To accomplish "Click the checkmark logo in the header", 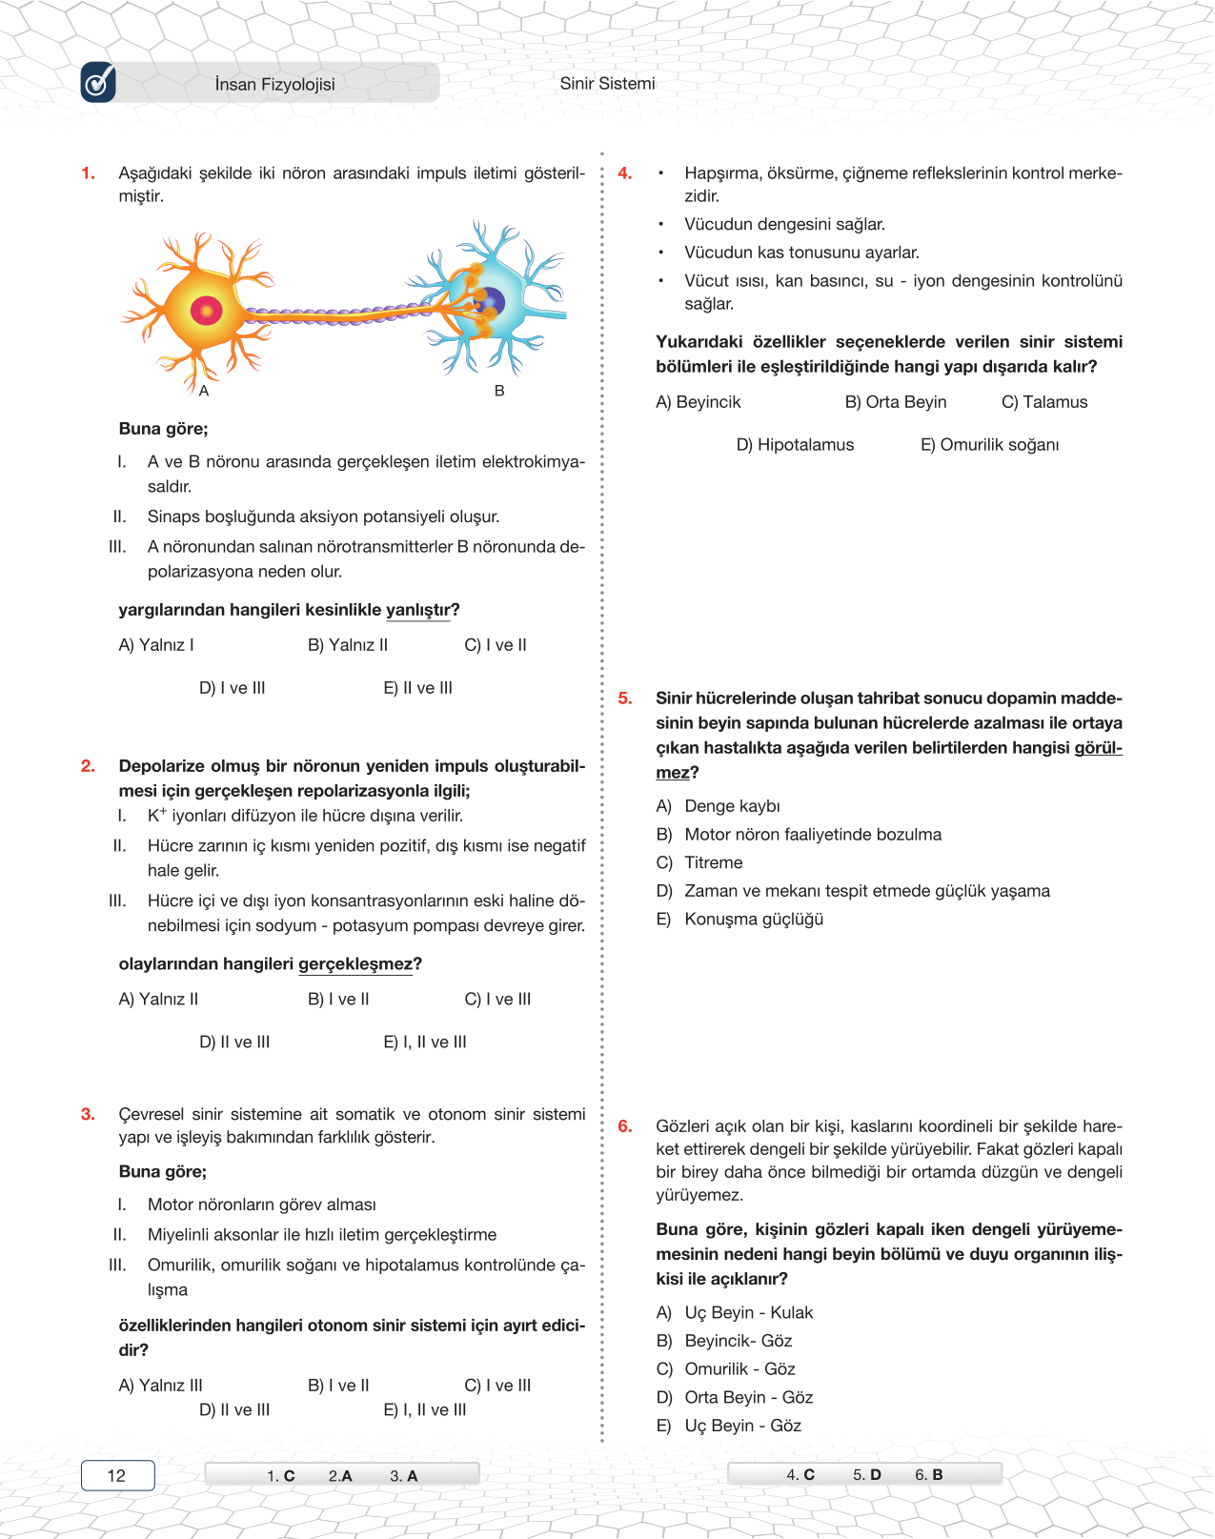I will click(98, 83).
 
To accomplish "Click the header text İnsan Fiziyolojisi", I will click(274, 84).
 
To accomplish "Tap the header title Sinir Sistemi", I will click(607, 83).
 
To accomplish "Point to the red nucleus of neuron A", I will click(206, 310).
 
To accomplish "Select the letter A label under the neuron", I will click(204, 391).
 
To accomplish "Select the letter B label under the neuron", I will click(499, 391).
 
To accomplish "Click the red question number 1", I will click(88, 173).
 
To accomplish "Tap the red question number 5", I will click(625, 699).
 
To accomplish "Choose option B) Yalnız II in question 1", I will click(348, 645).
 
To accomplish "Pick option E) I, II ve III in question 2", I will click(425, 1043).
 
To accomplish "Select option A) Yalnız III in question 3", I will click(160, 1386).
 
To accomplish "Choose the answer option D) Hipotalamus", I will click(795, 445).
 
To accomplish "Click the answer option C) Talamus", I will click(1044, 402).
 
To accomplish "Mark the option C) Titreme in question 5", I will click(699, 862).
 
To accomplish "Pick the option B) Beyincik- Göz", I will click(724, 1341).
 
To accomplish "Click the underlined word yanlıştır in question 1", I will click(417, 610).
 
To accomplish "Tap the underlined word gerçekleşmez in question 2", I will click(355, 964).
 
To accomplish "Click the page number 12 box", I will click(117, 1475).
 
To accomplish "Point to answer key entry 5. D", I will click(867, 1474).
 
